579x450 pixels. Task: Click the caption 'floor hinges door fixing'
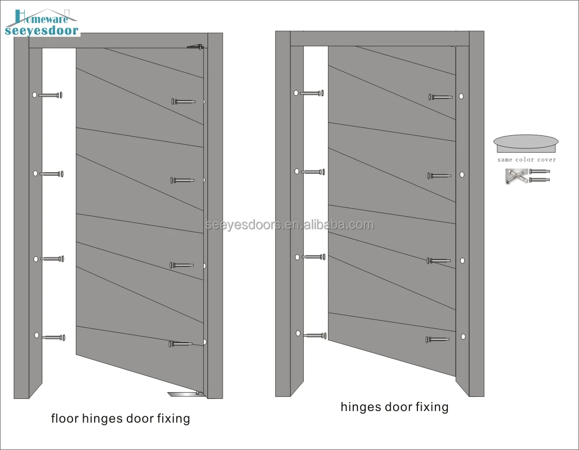point(120,419)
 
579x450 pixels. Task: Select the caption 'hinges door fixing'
point(394,407)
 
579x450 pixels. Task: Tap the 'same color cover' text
point(526,159)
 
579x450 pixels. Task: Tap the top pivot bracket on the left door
point(195,47)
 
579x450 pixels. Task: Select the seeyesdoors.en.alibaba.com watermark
point(289,225)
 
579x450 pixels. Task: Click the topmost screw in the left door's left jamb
point(51,95)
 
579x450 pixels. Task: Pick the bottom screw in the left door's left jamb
point(53,337)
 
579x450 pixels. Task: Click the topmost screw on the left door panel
point(183,101)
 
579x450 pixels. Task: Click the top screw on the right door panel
point(440,97)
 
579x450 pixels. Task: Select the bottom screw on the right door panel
point(438,339)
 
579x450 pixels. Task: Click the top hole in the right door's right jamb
point(461,96)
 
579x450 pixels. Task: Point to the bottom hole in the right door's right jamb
point(463,336)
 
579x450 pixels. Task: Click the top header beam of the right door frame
point(379,38)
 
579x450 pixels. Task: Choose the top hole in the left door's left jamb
point(35,95)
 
